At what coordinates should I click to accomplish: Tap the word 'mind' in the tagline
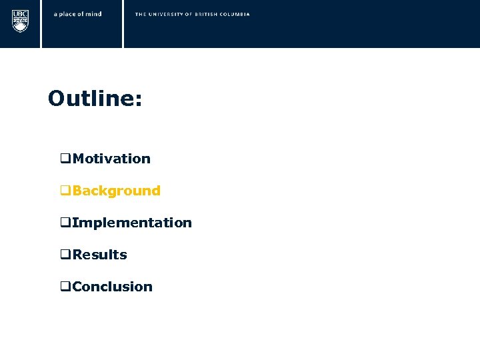(x=94, y=14)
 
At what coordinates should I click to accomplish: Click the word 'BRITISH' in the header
(x=207, y=14)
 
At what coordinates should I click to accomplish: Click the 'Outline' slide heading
(x=91, y=99)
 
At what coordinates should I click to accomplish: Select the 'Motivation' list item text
(x=111, y=159)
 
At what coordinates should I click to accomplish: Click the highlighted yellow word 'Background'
(x=117, y=191)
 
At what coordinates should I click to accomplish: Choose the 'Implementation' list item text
(x=132, y=223)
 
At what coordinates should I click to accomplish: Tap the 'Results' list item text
(x=100, y=255)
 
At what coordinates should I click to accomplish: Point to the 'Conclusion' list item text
(x=113, y=287)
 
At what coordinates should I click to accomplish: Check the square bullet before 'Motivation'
(x=65, y=159)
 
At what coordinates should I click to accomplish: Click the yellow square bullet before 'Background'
(x=65, y=191)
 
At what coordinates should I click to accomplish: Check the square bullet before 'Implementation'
(x=65, y=223)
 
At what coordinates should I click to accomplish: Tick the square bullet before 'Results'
(x=65, y=255)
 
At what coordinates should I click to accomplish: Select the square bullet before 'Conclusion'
(x=65, y=287)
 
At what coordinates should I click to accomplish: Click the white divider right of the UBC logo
(x=41, y=24)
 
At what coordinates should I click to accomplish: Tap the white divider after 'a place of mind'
(x=123, y=24)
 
